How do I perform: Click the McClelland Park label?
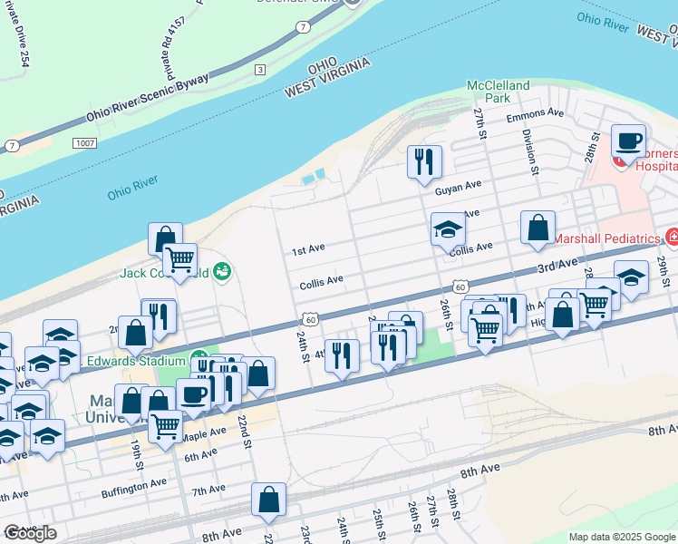coord(498,91)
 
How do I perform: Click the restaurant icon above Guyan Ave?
coord(424,162)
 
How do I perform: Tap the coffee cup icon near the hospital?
coord(628,141)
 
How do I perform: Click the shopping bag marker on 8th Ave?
coord(269,500)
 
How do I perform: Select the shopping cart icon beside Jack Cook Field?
coord(179,260)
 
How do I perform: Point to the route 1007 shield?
coord(84,142)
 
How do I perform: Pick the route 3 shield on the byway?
coord(260,69)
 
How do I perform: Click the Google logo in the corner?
coord(30,533)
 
